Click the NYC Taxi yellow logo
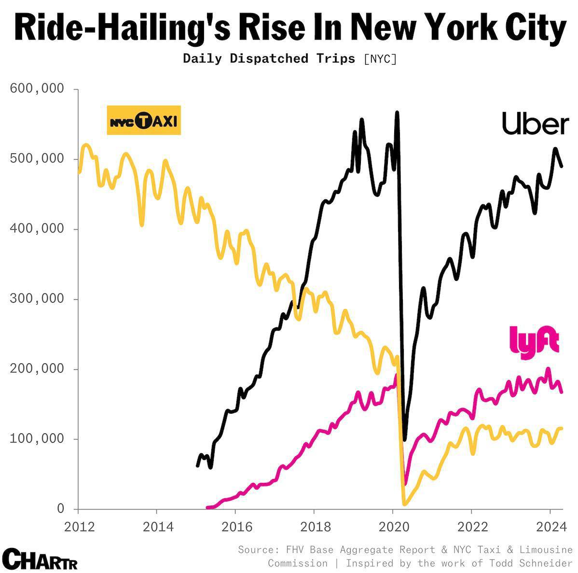click(x=144, y=120)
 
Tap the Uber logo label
click(x=535, y=124)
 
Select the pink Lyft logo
click(x=534, y=342)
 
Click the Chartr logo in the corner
click(x=40, y=559)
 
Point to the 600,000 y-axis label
click(x=37, y=88)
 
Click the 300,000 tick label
click(x=37, y=299)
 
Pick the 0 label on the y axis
click(x=60, y=509)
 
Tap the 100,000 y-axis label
click(x=37, y=439)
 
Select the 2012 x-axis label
click(x=79, y=527)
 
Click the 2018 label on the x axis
click(x=316, y=527)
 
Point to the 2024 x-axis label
click(x=551, y=527)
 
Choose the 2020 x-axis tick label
click(x=394, y=527)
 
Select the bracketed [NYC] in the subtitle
click(x=380, y=59)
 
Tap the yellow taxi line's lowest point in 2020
click(x=404, y=503)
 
